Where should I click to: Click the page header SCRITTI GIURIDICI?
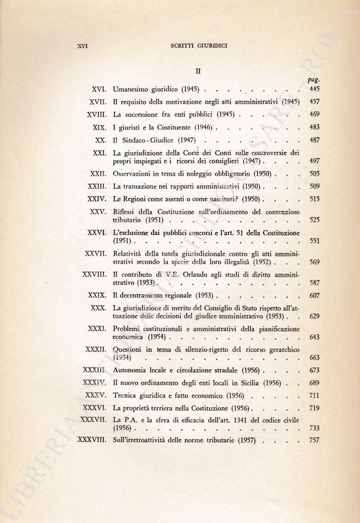(x=199, y=46)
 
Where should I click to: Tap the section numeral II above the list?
(x=199, y=71)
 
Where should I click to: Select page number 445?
(x=314, y=90)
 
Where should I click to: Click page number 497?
(x=314, y=161)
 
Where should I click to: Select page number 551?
(x=314, y=241)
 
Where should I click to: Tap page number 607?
(x=314, y=296)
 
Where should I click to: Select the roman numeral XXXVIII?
(x=92, y=440)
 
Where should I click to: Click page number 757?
(x=314, y=440)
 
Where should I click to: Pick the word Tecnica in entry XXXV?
(x=126, y=395)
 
